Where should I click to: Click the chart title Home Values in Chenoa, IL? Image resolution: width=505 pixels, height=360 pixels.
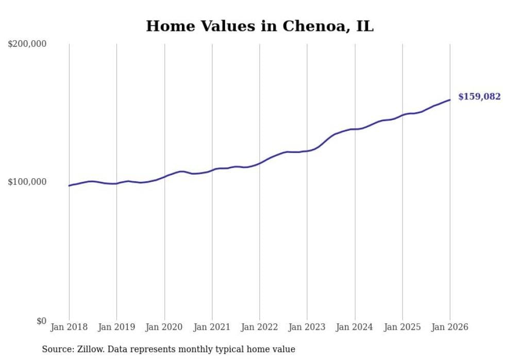259,26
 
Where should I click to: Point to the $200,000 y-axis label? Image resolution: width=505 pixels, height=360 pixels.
27,44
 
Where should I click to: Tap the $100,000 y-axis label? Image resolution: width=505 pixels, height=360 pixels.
27,182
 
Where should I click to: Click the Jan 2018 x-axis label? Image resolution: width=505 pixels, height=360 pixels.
69,328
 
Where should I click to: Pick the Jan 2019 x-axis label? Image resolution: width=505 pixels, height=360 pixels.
116,328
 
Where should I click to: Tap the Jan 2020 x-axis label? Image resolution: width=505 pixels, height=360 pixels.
164,328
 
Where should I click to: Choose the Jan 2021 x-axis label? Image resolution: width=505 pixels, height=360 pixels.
212,328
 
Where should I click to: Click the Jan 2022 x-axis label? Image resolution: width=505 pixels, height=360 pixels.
259,328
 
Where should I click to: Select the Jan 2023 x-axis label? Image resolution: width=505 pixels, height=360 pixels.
307,328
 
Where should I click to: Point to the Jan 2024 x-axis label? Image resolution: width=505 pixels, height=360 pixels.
355,328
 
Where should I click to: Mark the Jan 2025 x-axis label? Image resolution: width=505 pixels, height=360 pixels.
402,328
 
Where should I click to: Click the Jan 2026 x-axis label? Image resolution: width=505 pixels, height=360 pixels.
449,328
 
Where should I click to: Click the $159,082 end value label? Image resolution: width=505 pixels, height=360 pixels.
479,97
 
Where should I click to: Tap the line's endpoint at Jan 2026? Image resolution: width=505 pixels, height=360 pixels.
450,100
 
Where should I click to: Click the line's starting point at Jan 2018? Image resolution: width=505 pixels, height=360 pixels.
69,185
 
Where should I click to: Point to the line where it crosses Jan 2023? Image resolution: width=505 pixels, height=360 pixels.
307,151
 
